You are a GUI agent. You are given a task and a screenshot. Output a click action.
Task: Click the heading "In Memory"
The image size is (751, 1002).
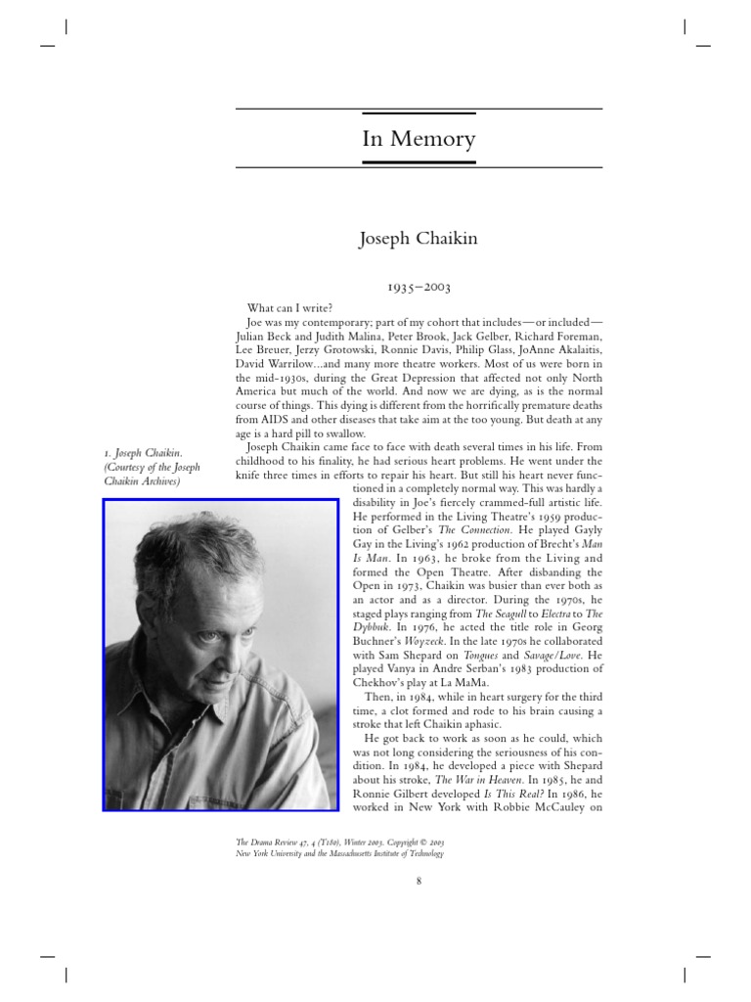pos(419,139)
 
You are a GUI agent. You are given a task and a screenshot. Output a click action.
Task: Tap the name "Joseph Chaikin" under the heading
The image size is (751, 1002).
pos(419,239)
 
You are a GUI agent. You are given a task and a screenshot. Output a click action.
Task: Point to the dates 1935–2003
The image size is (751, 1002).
pos(419,288)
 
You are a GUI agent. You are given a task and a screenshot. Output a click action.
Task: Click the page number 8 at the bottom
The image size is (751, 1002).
pos(419,882)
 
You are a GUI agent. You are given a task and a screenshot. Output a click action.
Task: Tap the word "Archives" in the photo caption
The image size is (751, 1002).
pos(155,481)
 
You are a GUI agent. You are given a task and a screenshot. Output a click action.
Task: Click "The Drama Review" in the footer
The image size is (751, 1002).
pos(268,842)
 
